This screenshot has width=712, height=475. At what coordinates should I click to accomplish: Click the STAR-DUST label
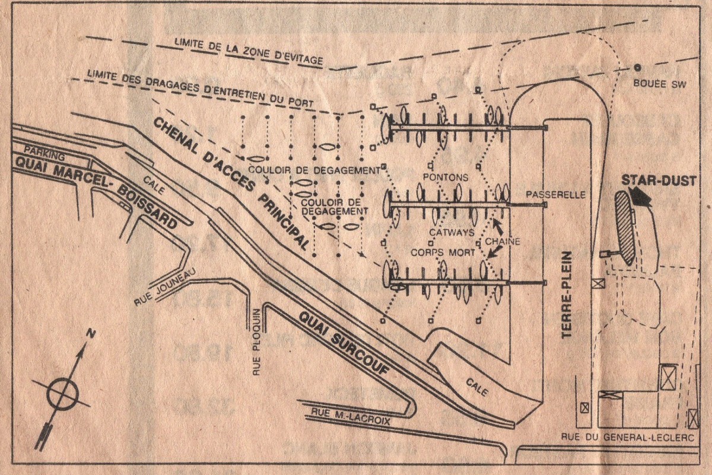658,180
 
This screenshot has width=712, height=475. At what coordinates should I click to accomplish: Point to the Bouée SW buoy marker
638,67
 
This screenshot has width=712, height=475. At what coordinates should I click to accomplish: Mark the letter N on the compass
91,334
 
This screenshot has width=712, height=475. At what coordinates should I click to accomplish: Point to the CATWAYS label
453,232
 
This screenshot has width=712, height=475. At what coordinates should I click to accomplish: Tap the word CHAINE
503,241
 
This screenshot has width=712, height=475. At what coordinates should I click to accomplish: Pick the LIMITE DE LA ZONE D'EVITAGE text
249,52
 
